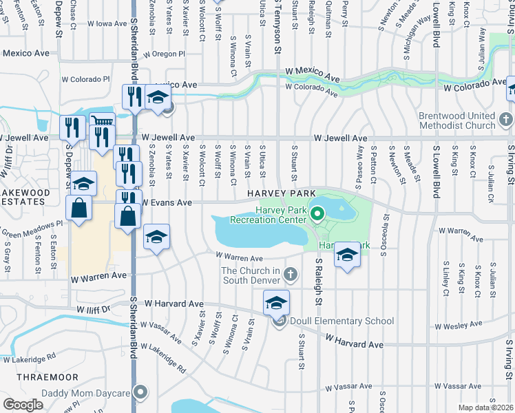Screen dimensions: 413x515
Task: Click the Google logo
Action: click(x=23, y=405)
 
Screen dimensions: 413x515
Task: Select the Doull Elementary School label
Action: click(x=341, y=321)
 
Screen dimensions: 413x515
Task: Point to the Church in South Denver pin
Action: click(x=291, y=275)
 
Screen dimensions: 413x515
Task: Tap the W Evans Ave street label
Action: click(x=167, y=203)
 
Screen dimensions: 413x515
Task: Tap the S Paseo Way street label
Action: click(x=360, y=161)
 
